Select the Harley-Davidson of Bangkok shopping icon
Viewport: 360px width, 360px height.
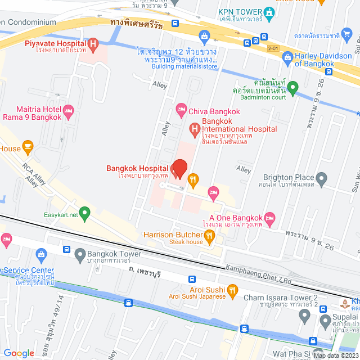[287, 56]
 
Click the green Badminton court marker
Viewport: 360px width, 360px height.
[293, 88]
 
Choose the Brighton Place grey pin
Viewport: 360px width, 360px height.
[322, 179]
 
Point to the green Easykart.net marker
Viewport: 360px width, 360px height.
[84, 214]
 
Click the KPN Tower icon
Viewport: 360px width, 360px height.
[270, 12]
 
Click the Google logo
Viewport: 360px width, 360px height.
[19, 353]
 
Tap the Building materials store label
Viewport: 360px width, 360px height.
[184, 67]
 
